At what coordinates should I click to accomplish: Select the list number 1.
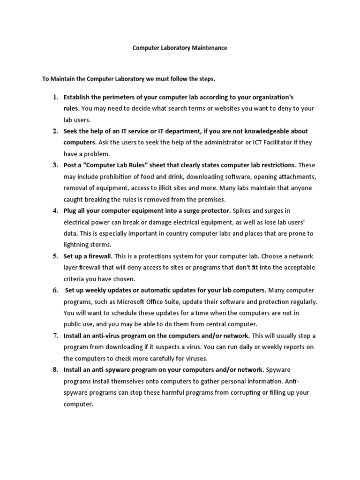point(55,97)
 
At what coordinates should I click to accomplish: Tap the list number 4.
point(55,210)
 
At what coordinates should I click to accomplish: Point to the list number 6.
point(55,290)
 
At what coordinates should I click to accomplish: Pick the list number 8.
point(55,369)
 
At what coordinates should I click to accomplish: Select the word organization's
point(273,97)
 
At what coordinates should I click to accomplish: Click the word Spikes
point(244,210)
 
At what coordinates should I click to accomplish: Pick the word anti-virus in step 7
point(103,336)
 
